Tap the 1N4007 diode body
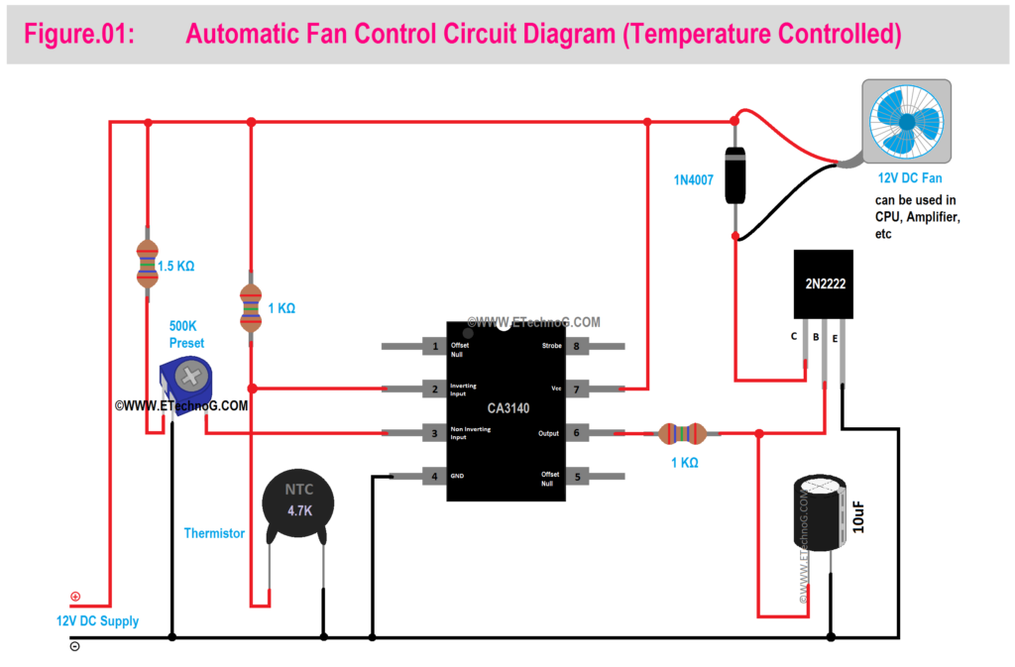point(734,174)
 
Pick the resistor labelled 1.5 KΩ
point(148,264)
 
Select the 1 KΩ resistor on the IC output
point(681,433)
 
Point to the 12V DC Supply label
point(97,621)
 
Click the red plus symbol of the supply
point(74,597)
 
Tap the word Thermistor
point(214,533)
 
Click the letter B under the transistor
point(815,337)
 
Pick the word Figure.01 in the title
point(79,35)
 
